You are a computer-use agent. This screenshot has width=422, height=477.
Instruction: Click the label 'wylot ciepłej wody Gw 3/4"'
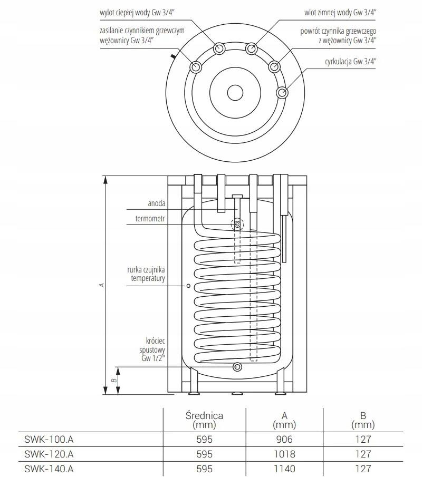tap(137, 13)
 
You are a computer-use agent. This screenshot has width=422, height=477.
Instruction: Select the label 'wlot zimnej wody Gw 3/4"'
tap(340, 13)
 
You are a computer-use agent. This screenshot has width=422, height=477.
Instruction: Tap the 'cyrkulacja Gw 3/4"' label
tap(350, 62)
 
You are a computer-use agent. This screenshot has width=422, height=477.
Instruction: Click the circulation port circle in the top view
tap(282, 92)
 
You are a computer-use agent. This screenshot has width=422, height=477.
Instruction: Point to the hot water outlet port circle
tap(219, 48)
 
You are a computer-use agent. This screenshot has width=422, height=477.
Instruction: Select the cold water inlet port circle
tap(251, 48)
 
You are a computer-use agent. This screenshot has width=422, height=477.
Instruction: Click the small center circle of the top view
tap(235, 92)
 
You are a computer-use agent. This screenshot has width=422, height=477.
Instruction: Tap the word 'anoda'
tap(157, 203)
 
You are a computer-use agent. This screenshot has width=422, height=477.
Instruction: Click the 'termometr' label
tap(150, 218)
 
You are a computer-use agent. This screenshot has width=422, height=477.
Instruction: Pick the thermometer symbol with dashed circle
tap(237, 225)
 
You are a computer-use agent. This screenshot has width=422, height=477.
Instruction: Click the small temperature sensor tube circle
tap(188, 286)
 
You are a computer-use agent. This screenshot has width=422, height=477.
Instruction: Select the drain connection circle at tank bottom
tap(237, 367)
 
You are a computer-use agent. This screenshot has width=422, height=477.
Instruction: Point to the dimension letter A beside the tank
tap(102, 285)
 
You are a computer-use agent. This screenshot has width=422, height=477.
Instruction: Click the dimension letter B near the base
tap(114, 380)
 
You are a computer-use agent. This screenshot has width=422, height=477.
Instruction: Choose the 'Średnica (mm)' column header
tap(204, 420)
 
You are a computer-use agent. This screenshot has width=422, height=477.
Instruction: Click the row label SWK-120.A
tap(49, 454)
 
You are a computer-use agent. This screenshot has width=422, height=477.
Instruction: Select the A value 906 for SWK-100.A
tap(284, 439)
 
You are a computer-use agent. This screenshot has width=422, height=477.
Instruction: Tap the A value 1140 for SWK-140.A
tap(284, 469)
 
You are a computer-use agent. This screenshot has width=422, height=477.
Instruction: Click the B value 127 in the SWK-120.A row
tap(363, 454)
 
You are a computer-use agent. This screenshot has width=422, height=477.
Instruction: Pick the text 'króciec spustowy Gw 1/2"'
tap(152, 349)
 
